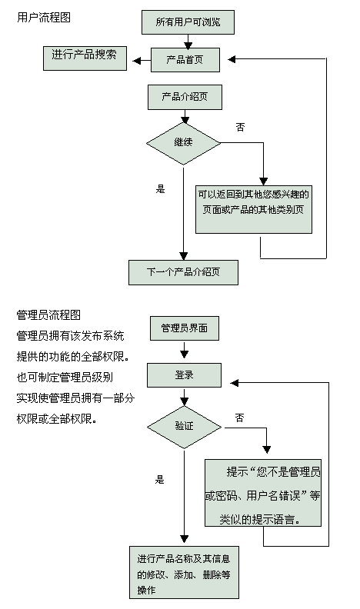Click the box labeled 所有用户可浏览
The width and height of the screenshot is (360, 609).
point(188,22)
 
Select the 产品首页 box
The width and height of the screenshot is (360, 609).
point(185,60)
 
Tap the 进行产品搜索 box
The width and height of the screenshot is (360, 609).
point(85,58)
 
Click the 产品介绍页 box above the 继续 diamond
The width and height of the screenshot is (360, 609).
point(185,97)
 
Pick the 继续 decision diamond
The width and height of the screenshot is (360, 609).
point(183,143)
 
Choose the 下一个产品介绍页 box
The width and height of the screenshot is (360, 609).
point(183,272)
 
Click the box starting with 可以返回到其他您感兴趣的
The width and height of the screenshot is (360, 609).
point(254,209)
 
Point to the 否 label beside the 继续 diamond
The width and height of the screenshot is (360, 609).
point(241,127)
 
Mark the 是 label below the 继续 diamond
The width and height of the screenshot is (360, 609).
point(161,189)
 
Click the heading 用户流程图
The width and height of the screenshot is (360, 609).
point(44,18)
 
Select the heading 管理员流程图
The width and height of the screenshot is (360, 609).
point(48,314)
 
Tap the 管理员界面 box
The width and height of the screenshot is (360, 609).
point(185,328)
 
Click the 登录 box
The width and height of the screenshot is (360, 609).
point(184,375)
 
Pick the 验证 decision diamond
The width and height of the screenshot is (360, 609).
point(184,427)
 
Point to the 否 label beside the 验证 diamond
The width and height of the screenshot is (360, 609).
point(239,418)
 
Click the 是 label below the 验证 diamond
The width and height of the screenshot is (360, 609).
point(159,480)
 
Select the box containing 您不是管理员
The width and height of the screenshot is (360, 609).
point(263,493)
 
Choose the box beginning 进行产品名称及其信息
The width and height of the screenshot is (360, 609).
point(184,573)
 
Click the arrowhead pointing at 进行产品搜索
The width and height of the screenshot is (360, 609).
point(136,61)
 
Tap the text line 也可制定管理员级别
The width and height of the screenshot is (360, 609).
point(65,377)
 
